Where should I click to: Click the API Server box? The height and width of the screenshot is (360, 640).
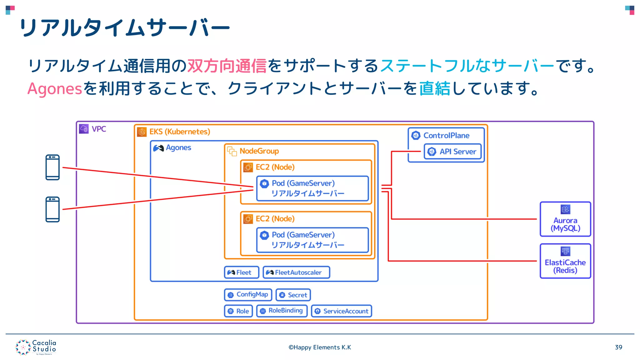(x=452, y=152)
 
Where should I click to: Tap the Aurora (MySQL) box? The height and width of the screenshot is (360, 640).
(x=565, y=219)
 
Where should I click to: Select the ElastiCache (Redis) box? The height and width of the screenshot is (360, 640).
(x=565, y=261)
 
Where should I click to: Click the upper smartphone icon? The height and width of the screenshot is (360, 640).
(x=52, y=167)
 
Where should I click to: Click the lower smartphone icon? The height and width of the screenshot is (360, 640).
(x=52, y=209)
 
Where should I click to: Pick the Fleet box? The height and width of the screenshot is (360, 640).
(x=241, y=272)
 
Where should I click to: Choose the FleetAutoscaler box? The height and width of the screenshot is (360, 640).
(x=296, y=272)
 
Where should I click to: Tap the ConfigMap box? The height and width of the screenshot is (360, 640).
(x=248, y=295)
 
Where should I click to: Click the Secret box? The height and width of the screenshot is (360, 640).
(x=293, y=295)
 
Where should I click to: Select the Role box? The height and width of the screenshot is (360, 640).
(x=238, y=311)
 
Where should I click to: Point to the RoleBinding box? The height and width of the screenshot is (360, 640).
(x=282, y=311)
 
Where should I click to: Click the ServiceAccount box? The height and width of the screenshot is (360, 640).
(x=341, y=311)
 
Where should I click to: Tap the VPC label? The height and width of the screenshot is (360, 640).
(x=98, y=129)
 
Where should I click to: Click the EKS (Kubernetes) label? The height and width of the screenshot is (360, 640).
(x=179, y=132)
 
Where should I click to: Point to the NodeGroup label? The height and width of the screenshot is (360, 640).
(x=259, y=151)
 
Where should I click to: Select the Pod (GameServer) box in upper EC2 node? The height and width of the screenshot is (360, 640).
(x=312, y=188)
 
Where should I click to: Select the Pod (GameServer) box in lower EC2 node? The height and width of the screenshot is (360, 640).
(x=312, y=240)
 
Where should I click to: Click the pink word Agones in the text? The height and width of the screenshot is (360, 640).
(x=55, y=88)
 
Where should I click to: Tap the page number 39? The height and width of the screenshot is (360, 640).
(x=618, y=347)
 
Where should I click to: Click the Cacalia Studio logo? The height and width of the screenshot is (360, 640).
(x=36, y=347)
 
